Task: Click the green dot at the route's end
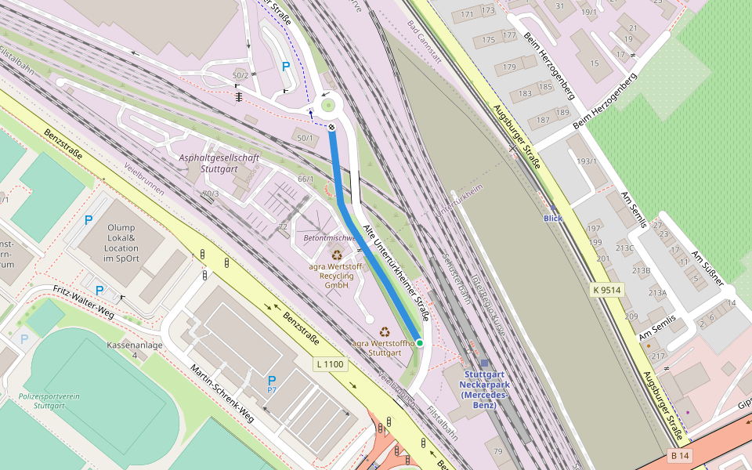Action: click(420, 343)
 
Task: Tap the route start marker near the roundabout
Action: click(331, 127)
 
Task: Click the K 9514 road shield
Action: click(607, 290)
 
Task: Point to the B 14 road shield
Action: click(680, 455)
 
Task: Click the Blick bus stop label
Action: click(553, 218)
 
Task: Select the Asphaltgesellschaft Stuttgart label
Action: click(219, 163)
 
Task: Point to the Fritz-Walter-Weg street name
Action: click(83, 302)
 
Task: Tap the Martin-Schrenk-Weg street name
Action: click(222, 392)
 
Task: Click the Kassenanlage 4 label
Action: click(135, 349)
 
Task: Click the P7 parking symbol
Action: click(272, 383)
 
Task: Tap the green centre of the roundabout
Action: click(328, 103)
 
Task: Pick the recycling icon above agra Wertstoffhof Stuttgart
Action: click(385, 332)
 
